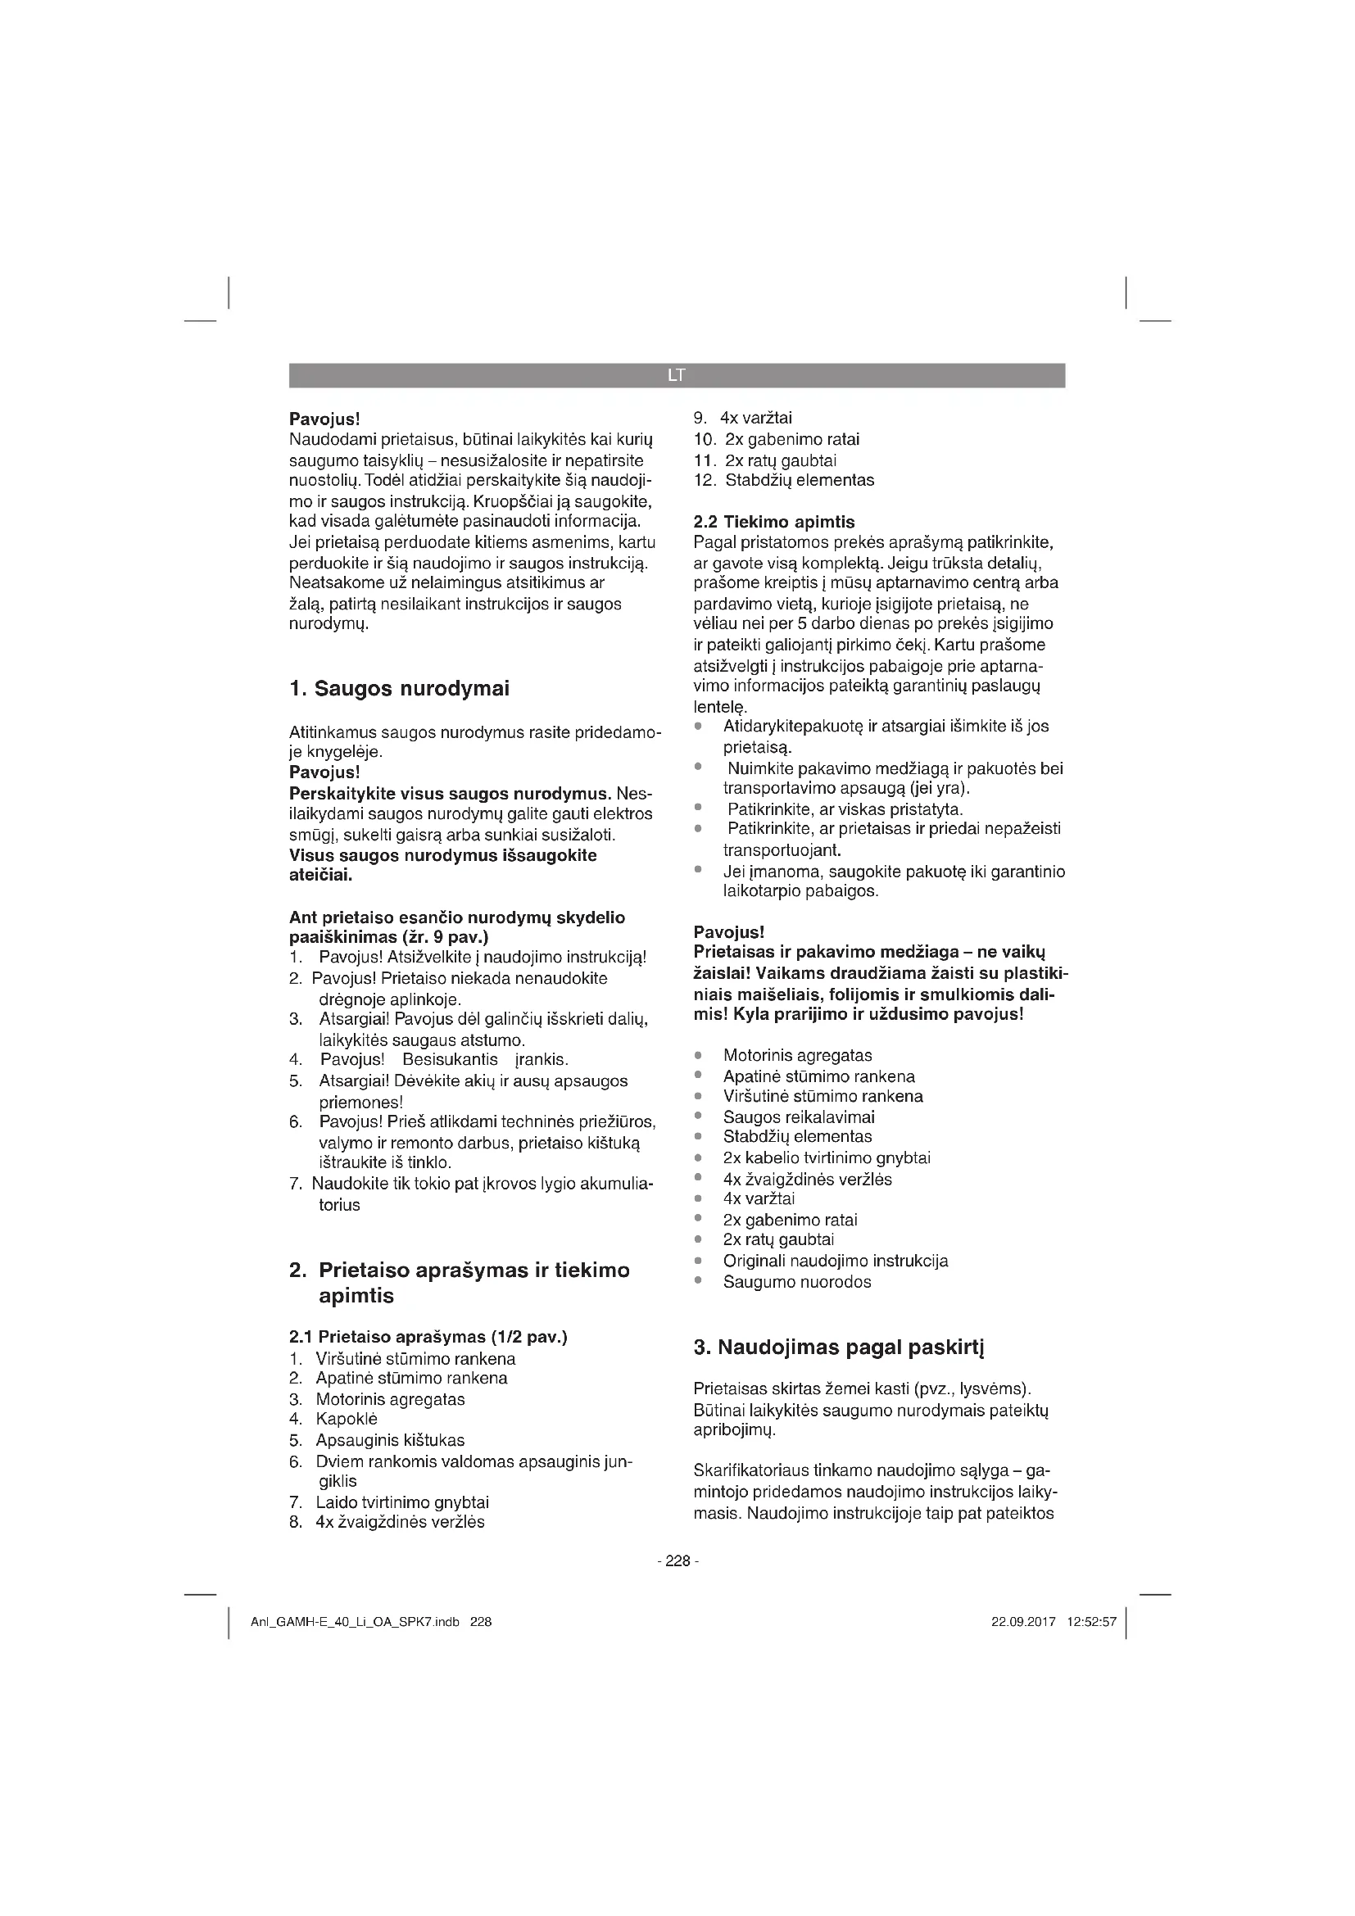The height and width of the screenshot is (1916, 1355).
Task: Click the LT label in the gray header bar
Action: tap(676, 375)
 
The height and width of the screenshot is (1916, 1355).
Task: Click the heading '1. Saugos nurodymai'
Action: tap(399, 688)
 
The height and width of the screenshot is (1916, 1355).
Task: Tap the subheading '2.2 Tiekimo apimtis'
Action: tap(774, 522)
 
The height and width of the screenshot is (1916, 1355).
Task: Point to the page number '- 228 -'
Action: tap(677, 1560)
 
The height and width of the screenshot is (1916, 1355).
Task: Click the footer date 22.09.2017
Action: tap(1023, 1622)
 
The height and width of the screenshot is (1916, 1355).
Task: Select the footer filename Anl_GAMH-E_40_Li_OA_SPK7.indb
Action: tap(355, 1622)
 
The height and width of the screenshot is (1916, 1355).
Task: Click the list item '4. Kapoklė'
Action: tap(333, 1419)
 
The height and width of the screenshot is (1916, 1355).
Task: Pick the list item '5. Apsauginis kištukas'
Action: tap(377, 1439)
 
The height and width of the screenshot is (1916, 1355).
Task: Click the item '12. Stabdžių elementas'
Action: tap(784, 480)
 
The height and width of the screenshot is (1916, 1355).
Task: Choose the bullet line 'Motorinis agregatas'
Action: tap(797, 1055)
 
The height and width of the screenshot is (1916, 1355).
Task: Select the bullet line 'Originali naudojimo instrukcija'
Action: tap(835, 1260)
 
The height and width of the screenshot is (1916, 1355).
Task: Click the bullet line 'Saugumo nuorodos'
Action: tap(797, 1282)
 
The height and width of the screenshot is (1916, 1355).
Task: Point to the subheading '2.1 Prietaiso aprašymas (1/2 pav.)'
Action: tap(428, 1337)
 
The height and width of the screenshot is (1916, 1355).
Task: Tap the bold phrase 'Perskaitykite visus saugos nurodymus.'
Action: tap(451, 792)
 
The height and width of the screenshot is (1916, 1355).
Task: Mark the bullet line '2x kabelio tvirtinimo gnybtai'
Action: tap(826, 1157)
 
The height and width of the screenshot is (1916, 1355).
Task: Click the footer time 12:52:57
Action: tap(1091, 1622)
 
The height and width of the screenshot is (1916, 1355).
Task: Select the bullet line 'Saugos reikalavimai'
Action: tap(799, 1117)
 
